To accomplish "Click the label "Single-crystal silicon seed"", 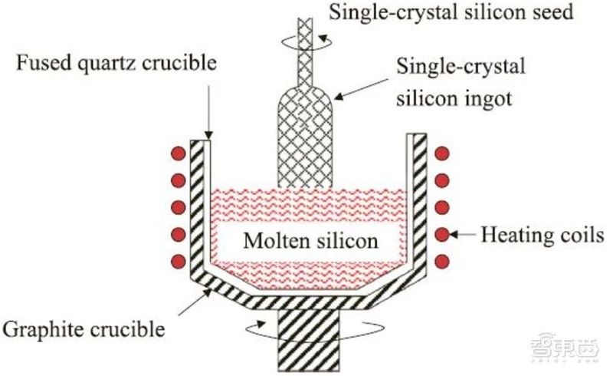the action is click(451, 12).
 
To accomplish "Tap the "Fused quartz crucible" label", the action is click(116, 63).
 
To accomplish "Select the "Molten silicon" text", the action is click(311, 240).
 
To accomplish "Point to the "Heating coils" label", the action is click(543, 235).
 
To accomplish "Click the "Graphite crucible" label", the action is click(84, 329).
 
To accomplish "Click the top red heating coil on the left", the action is click(179, 153).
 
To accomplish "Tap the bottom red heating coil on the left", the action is click(179, 261).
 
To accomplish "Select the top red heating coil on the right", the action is click(442, 153).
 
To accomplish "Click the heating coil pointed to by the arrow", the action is click(442, 235).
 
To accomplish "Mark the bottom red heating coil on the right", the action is click(442, 261).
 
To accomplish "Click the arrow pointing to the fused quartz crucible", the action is click(208, 113).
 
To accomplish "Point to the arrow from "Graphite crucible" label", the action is click(195, 302).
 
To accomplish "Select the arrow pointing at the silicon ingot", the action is click(361, 88).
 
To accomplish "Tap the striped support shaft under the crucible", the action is click(309, 340).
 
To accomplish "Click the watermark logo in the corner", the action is click(565, 346).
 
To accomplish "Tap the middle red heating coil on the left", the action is click(179, 207).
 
